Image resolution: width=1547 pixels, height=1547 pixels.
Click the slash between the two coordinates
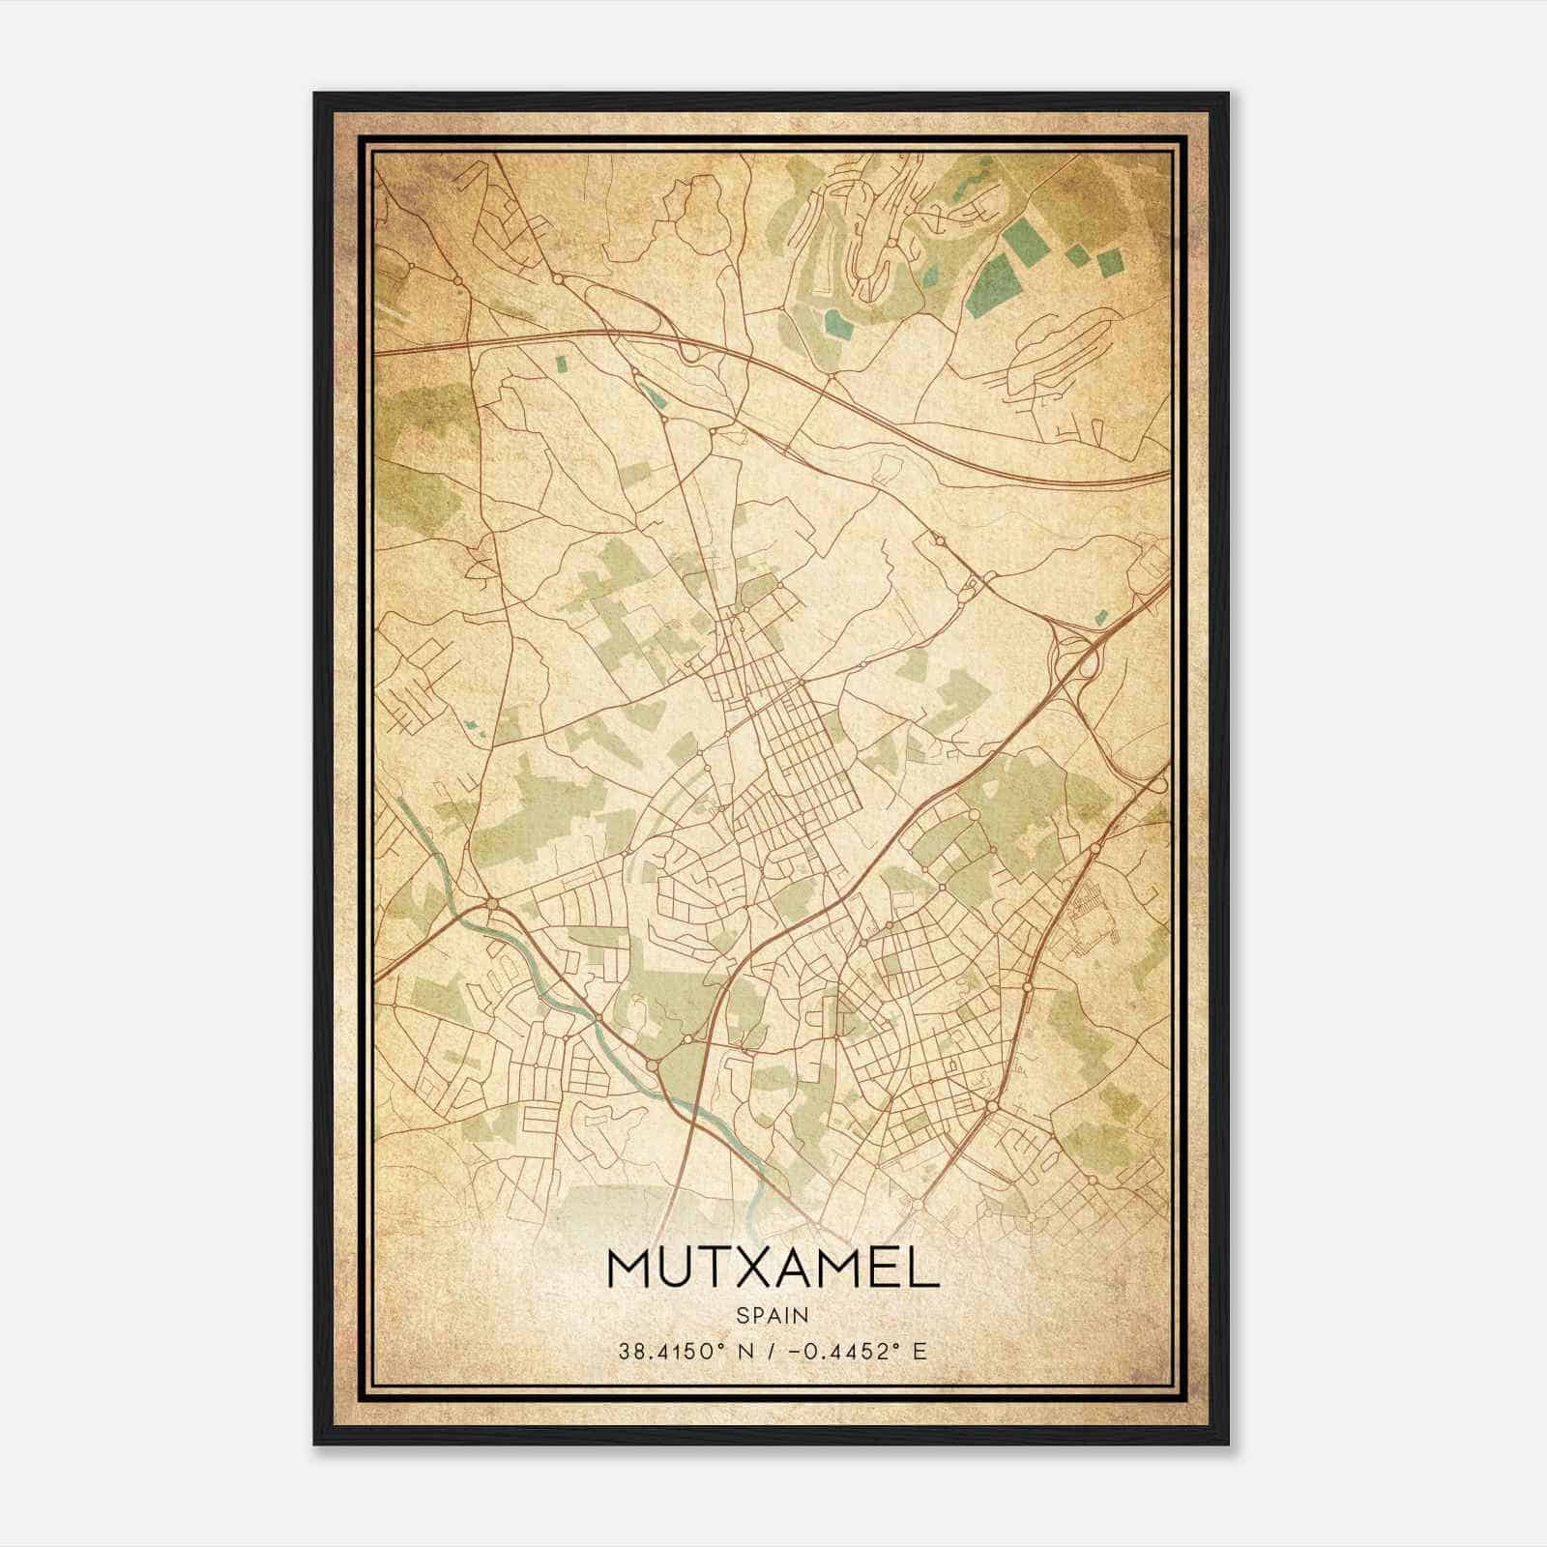[767, 1352]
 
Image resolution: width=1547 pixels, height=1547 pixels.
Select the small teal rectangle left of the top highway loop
[561, 365]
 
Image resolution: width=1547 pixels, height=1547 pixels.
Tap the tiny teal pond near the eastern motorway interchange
[1099, 616]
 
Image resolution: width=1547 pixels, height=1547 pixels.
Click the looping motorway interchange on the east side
[1073, 657]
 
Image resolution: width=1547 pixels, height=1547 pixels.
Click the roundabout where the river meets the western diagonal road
[493, 903]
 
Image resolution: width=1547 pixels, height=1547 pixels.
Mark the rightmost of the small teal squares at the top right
[1109, 263]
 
